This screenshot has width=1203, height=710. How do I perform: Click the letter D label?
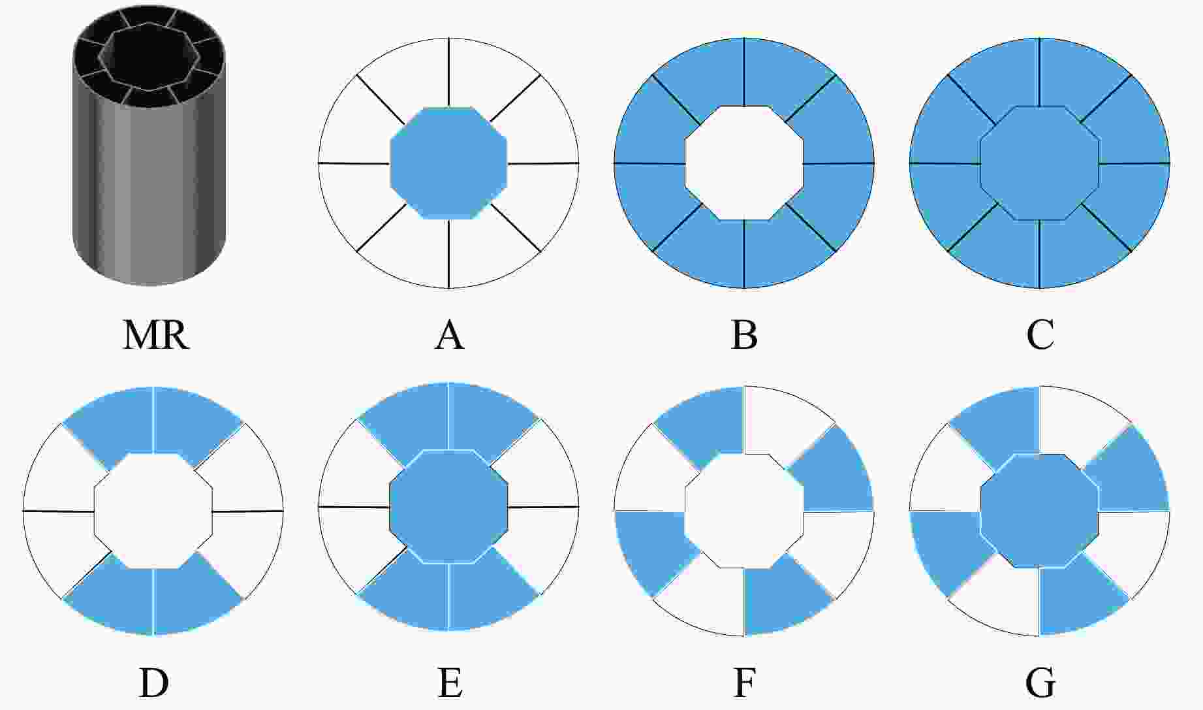[x=154, y=683]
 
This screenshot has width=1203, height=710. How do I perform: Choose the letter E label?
[x=450, y=683]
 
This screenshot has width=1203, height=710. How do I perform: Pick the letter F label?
[x=745, y=683]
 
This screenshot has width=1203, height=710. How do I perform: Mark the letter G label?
[x=1040, y=683]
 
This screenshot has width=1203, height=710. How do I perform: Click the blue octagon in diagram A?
[x=448, y=163]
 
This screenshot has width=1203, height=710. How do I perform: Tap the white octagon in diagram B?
[x=744, y=163]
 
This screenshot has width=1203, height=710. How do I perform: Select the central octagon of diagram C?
[x=1040, y=163]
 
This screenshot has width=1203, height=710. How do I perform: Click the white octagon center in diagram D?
[x=153, y=510]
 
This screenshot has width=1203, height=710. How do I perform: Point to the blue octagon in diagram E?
[x=448, y=507]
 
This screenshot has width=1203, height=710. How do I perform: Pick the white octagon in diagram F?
[x=744, y=511]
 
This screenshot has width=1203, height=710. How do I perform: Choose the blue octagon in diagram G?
[x=1040, y=511]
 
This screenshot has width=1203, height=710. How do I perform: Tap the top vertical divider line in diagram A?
[x=448, y=73]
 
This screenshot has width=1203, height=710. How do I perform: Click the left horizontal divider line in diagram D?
[x=59, y=511]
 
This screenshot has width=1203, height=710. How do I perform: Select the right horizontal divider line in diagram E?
[x=543, y=507]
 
